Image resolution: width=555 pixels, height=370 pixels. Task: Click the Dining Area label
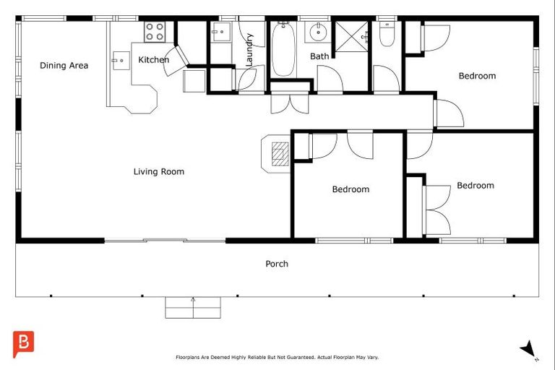click(64, 66)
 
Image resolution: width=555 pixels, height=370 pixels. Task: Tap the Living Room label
click(159, 172)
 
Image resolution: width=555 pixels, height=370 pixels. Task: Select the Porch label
click(277, 264)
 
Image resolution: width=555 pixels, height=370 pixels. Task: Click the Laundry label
click(249, 50)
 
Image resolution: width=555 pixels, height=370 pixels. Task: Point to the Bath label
click(319, 56)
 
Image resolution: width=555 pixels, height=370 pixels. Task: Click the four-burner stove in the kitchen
click(155, 32)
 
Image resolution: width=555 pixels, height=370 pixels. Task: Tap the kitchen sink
click(121, 61)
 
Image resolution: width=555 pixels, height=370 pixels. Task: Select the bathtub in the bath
click(283, 49)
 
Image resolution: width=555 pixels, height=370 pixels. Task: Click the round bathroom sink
click(318, 33)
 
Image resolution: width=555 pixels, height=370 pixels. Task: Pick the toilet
click(387, 34)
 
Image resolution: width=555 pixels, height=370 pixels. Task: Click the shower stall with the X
click(351, 37)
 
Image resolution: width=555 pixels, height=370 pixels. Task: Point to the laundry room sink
click(221, 32)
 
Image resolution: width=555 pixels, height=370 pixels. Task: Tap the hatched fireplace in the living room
click(280, 154)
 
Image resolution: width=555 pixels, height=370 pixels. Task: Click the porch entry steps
click(193, 308)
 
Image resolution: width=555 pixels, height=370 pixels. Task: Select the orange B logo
click(23, 344)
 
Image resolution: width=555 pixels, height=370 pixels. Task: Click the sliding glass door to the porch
click(165, 241)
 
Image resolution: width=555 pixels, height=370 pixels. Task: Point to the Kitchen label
click(154, 60)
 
